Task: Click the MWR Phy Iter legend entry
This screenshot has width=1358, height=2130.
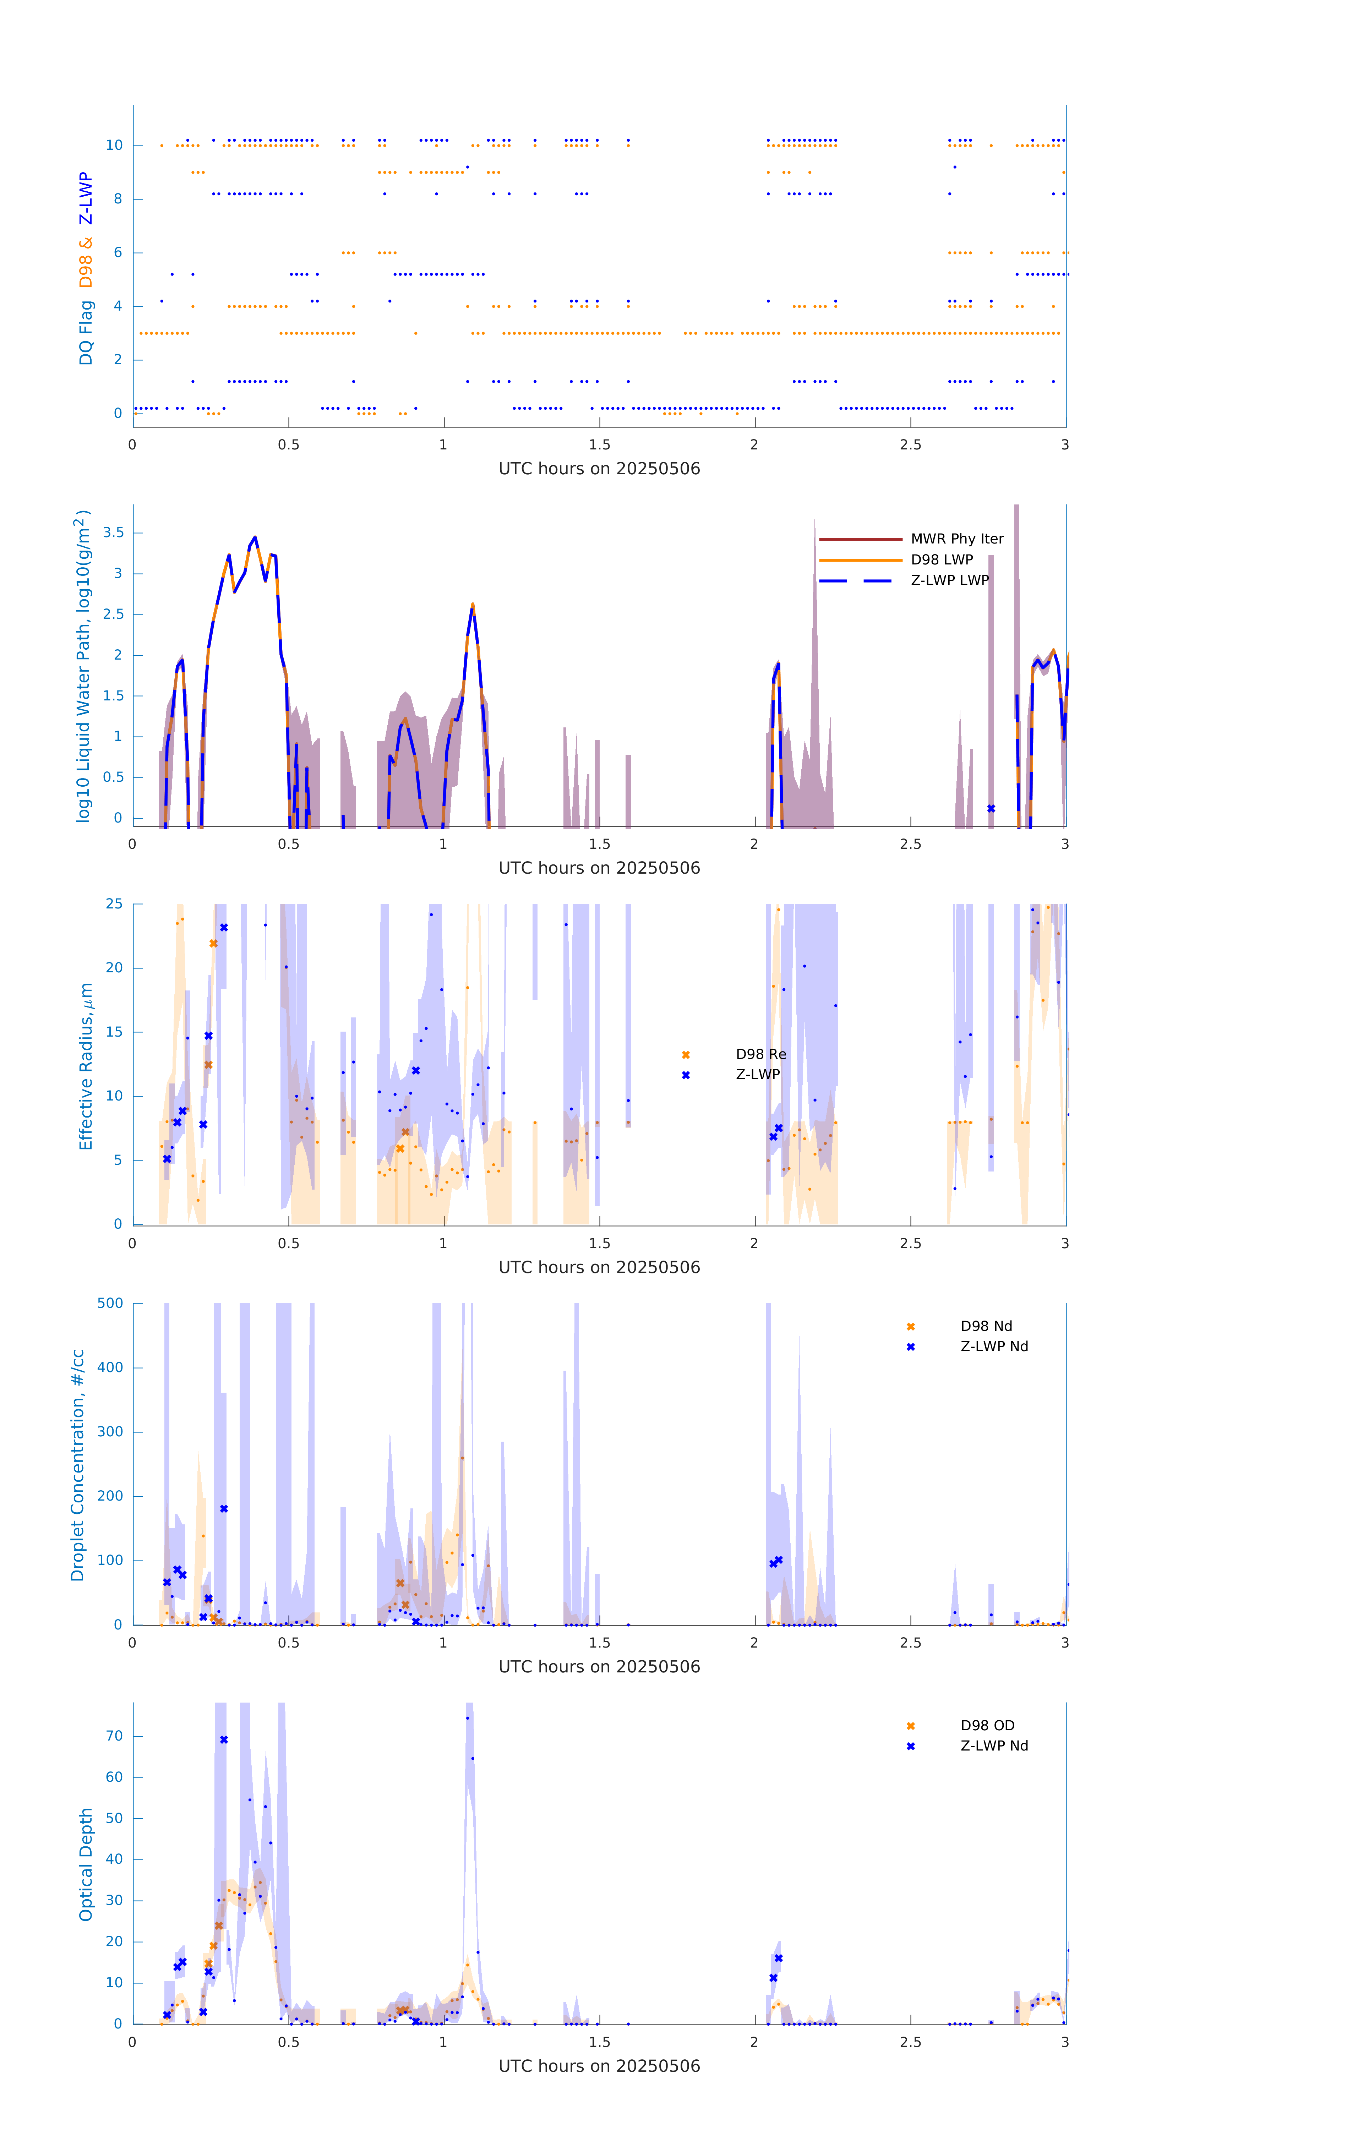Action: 956,539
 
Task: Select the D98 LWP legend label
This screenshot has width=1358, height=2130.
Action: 941,560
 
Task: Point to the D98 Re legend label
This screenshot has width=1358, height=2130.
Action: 760,1054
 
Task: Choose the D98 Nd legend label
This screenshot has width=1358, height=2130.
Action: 986,1326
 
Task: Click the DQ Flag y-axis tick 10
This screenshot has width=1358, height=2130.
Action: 114,145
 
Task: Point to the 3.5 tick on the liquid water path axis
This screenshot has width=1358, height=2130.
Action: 113,532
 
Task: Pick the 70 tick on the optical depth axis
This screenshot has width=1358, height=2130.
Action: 114,1736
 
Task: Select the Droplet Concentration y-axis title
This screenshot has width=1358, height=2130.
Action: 78,1465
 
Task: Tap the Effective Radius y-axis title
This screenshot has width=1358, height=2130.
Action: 86,1066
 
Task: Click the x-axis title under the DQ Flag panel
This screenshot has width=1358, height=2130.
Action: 599,469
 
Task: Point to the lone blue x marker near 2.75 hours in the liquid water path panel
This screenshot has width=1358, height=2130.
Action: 991,808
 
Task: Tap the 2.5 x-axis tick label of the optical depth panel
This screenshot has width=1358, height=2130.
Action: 910,2042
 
